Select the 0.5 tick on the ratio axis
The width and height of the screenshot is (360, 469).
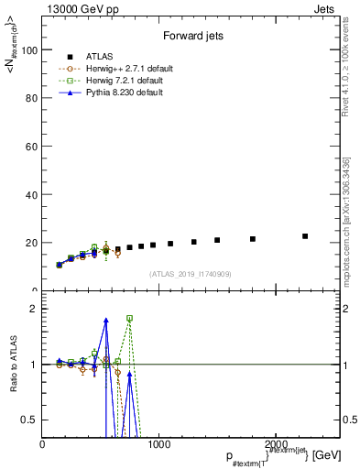coord(29,420)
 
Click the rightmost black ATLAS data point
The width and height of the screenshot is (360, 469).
coord(305,236)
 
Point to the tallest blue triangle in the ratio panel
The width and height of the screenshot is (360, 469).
coord(106,320)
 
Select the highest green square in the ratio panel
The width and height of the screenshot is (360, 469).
coord(129,318)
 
